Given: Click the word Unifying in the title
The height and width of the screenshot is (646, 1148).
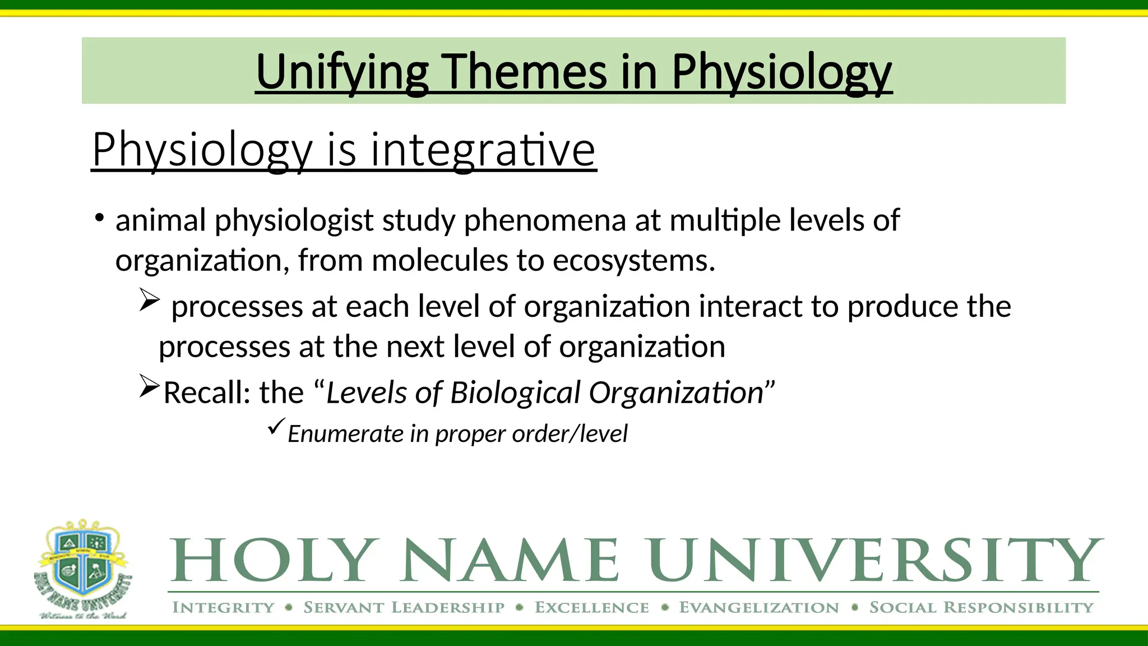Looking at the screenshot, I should coord(342,72).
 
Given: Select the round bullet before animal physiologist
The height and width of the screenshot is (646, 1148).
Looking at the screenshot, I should coord(99,218).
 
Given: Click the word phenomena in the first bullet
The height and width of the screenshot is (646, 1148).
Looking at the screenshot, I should coord(544,220).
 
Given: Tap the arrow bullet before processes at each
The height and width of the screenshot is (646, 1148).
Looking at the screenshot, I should coord(150,300).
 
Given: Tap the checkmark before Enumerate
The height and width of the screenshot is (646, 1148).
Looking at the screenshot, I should coord(276,427).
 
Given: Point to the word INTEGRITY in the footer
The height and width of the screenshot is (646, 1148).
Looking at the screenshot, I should coord(223,608).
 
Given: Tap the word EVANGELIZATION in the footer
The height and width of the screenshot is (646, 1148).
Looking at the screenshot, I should coord(759,608).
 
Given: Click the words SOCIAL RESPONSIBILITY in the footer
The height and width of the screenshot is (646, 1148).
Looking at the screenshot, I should coord(981,608).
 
